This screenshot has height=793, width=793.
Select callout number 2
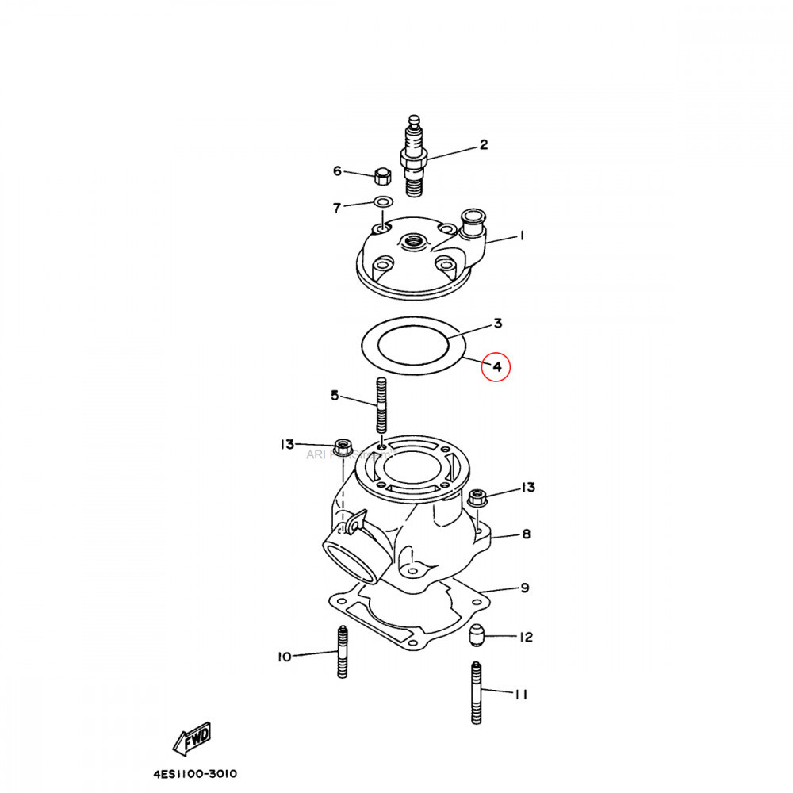[x=482, y=145]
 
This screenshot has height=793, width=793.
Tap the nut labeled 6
[x=380, y=175]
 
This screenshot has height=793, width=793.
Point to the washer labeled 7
[x=381, y=202]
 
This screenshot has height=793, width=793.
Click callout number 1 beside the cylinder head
[x=522, y=236]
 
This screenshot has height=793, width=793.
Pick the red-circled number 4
[x=496, y=367]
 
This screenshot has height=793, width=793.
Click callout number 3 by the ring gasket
[x=497, y=324]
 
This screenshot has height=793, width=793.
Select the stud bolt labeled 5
[x=381, y=405]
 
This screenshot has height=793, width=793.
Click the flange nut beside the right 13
[x=477, y=499]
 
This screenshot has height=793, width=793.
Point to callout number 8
[x=526, y=534]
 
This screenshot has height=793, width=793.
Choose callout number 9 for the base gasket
[x=524, y=588]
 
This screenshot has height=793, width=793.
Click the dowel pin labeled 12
[x=477, y=635]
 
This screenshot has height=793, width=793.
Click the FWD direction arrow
[x=193, y=739]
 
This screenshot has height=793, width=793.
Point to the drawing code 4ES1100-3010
[x=195, y=774]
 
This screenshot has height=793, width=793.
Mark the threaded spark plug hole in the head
[x=413, y=240]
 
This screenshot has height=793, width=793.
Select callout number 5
[x=334, y=395]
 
